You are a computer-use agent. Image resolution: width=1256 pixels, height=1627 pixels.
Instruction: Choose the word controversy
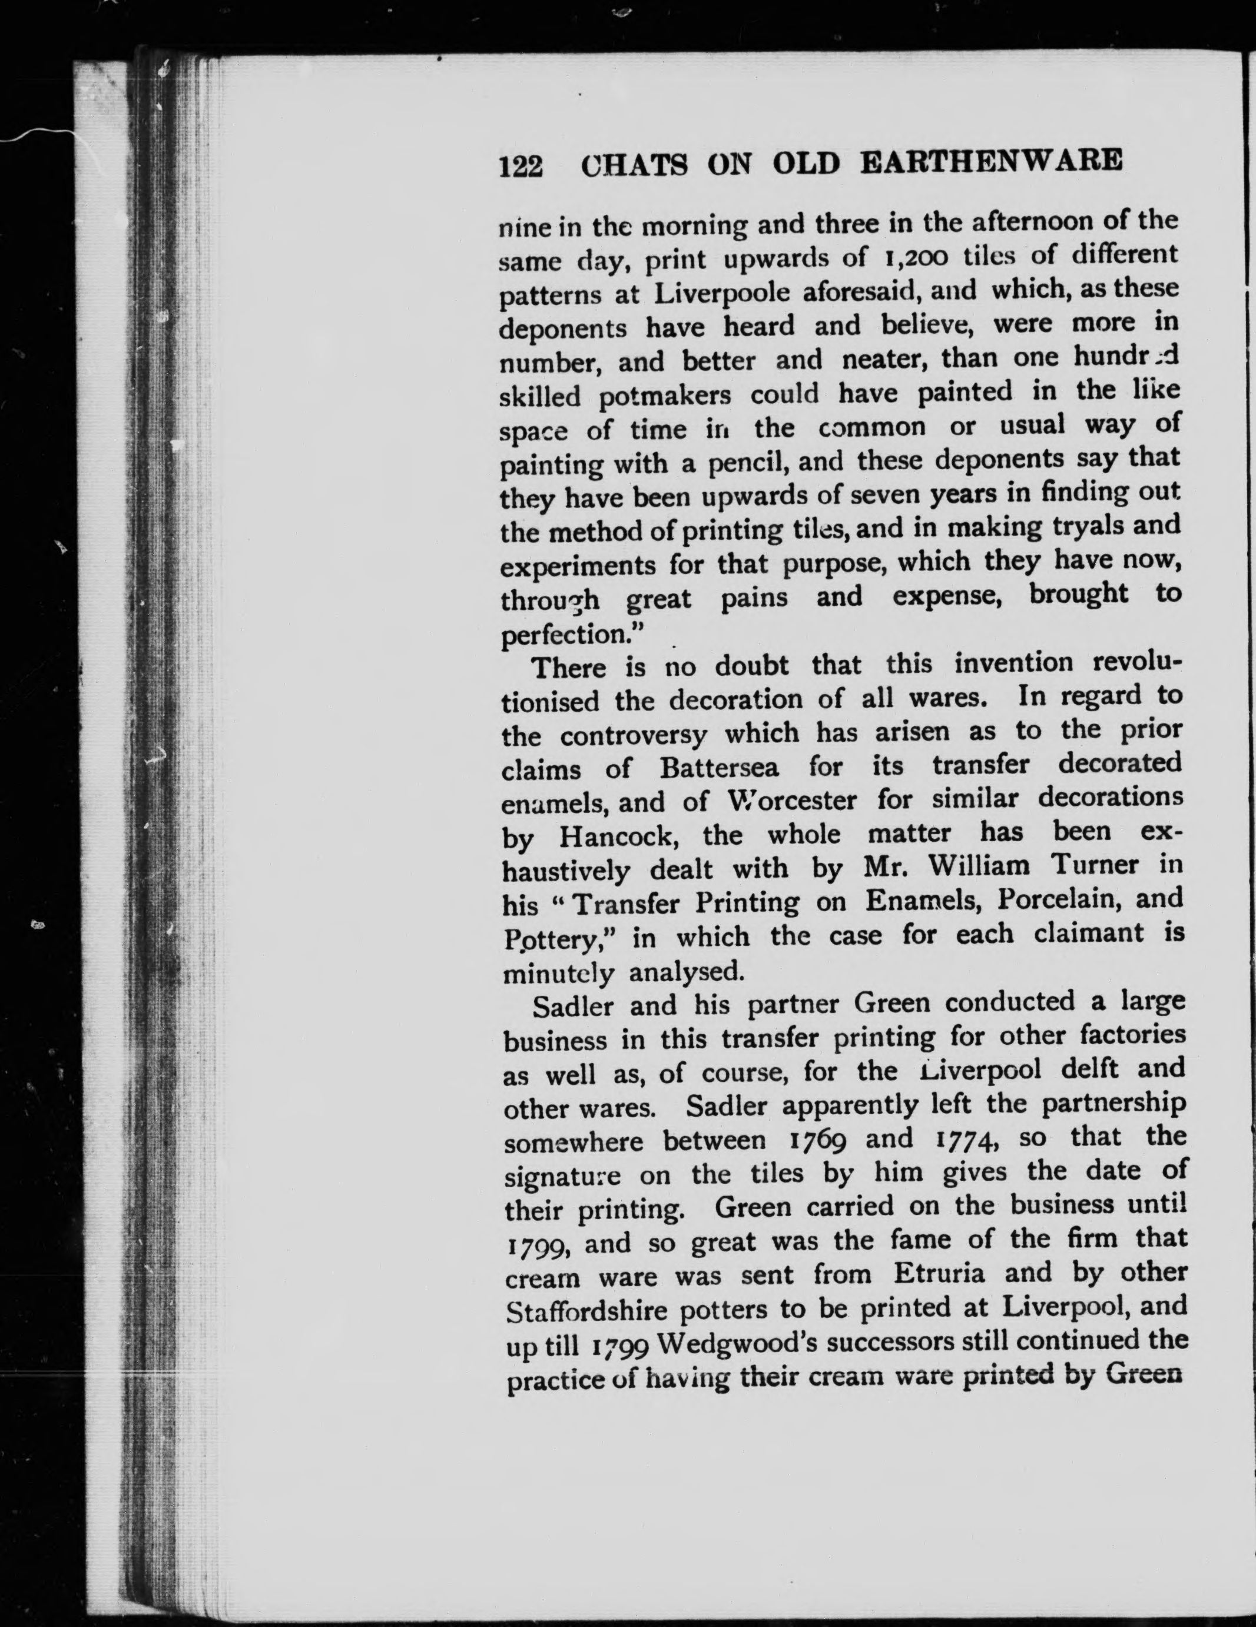coord(633,735)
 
